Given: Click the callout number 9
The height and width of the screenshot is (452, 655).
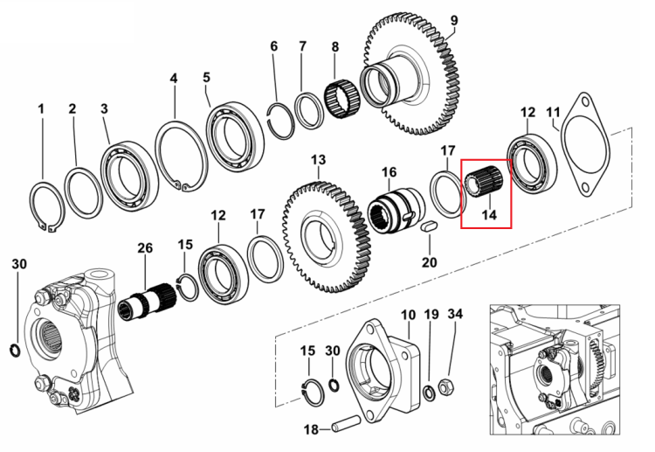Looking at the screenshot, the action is coord(454,20).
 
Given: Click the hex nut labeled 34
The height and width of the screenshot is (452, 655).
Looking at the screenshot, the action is coord(444,387).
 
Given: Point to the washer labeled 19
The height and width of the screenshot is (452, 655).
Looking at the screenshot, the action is coord(428,393).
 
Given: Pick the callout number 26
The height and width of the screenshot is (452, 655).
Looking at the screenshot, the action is coord(145,248).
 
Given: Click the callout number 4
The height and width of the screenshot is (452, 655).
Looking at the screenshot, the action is coord(174,78).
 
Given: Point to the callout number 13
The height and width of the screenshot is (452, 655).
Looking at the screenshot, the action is coord(318,160).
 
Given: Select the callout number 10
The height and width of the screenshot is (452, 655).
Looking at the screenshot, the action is coord(408,315).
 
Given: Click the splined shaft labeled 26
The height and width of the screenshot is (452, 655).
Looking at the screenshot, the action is coord(144,302).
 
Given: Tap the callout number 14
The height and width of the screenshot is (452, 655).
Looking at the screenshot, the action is coord(489,215).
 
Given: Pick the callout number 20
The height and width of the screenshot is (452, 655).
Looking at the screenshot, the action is coord(429,262).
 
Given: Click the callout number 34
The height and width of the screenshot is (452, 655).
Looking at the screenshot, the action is coord(455,314).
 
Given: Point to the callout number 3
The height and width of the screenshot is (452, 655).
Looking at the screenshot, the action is coord(104,108).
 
